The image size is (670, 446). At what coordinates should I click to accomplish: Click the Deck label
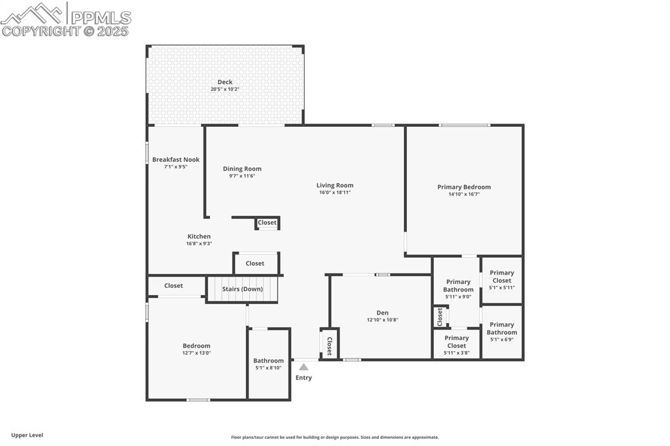click(x=225, y=82)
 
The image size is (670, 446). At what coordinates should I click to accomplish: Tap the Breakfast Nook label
click(x=175, y=160)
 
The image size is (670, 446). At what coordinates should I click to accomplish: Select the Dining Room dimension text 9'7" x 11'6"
click(x=242, y=176)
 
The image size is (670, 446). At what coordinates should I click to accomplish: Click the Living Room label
click(x=335, y=185)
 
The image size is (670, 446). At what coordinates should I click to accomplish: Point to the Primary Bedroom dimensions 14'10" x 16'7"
click(x=464, y=194)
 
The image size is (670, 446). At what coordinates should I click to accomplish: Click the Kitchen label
click(x=199, y=236)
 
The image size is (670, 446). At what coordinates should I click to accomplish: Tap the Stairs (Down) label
click(x=242, y=289)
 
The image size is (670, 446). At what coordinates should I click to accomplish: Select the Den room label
click(x=382, y=313)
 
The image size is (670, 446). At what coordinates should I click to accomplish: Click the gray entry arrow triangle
click(x=304, y=368)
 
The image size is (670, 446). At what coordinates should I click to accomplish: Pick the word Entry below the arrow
click(x=304, y=378)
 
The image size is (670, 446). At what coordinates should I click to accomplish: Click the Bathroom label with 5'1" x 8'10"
click(x=268, y=360)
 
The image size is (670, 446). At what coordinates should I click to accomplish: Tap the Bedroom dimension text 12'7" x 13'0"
click(x=196, y=353)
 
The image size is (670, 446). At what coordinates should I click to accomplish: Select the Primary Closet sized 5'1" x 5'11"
click(x=502, y=277)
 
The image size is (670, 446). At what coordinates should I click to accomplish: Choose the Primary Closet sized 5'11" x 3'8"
click(x=457, y=341)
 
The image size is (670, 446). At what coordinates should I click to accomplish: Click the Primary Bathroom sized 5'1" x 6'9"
click(x=502, y=328)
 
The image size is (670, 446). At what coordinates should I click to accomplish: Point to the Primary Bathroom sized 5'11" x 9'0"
click(x=458, y=286)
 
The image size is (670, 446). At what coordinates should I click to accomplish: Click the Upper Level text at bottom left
click(x=27, y=435)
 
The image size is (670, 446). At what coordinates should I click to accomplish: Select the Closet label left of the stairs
click(x=173, y=286)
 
